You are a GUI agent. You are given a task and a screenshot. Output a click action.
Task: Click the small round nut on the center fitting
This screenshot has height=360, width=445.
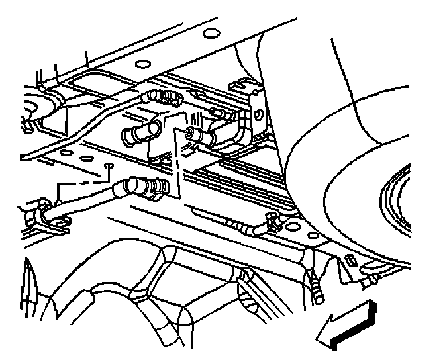191,134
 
